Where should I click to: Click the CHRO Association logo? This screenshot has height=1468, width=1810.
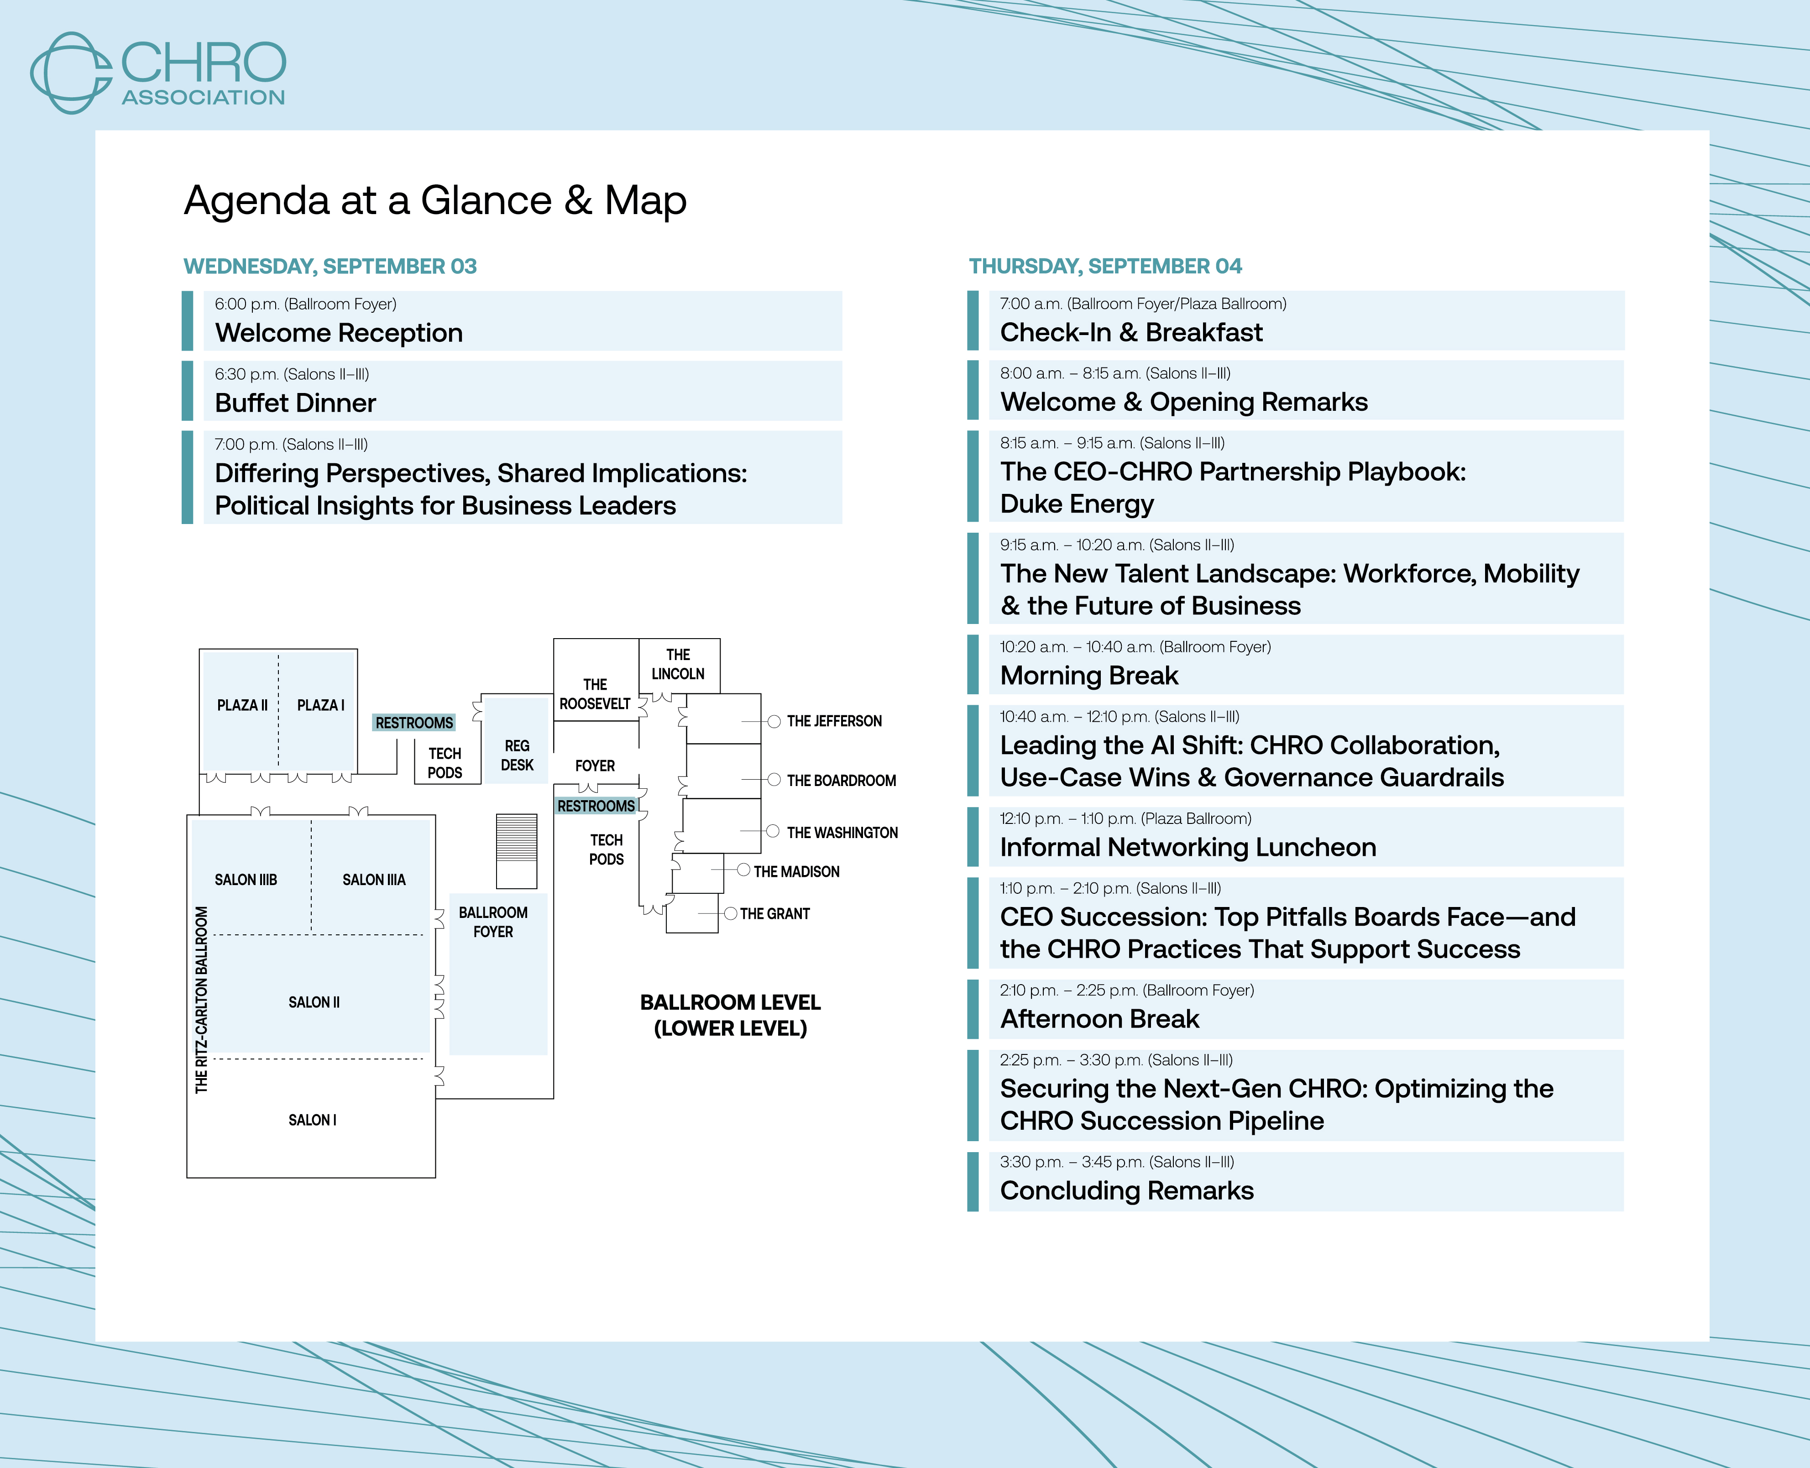point(158,73)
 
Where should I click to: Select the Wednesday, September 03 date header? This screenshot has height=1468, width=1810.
point(330,267)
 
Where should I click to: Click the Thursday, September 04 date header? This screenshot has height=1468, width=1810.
point(1105,267)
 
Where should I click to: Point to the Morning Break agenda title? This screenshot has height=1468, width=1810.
point(1089,676)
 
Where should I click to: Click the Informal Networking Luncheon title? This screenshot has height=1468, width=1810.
point(1188,847)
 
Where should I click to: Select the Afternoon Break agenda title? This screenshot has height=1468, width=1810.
point(1099,1019)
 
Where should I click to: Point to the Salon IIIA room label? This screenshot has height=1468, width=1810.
point(374,880)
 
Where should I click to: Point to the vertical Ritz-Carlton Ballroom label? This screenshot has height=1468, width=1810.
point(201,1000)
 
